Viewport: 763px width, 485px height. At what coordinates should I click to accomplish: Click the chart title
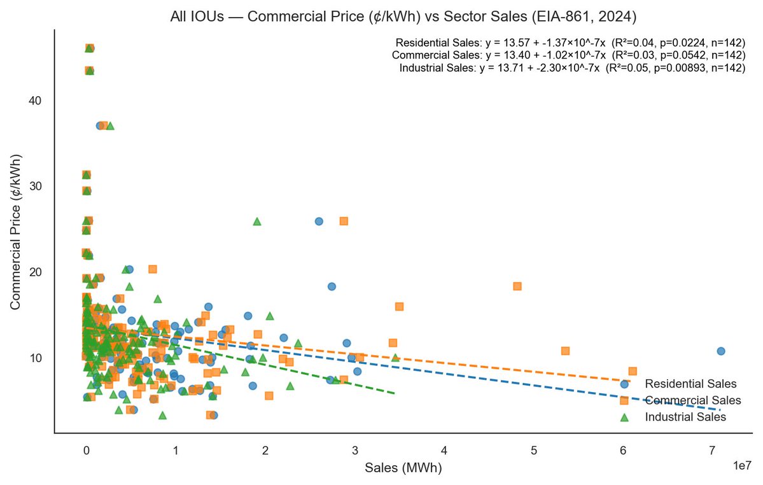403,17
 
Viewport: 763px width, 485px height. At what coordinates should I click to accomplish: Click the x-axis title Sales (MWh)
403,468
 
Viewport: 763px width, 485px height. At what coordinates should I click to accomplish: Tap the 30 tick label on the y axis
36,186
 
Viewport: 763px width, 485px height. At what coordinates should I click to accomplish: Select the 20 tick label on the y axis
36,272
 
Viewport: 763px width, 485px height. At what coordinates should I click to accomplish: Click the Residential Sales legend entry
690,384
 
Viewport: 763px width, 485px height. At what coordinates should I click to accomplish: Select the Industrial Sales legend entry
685,418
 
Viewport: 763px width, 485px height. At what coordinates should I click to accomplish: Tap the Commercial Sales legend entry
692,400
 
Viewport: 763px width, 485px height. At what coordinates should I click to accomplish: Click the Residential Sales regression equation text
570,43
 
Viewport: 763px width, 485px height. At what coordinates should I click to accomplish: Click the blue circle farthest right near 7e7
720,351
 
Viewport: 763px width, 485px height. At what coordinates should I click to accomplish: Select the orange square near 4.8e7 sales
517,286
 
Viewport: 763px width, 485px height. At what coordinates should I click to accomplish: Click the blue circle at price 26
319,221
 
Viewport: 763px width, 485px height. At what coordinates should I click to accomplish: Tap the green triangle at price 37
110,125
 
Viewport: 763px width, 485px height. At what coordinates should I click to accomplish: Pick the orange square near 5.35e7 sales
565,351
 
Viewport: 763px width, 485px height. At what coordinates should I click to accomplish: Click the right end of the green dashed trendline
395,393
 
